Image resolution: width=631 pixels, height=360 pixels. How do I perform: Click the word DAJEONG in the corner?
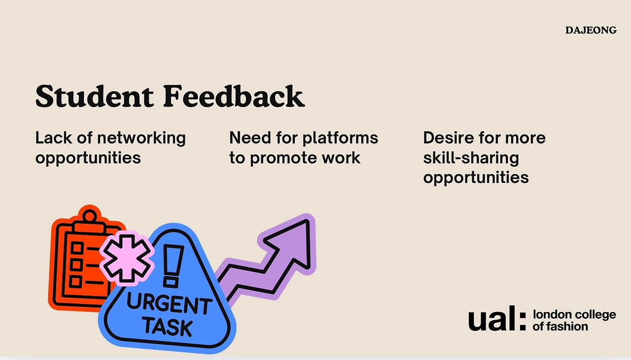pyautogui.click(x=591, y=30)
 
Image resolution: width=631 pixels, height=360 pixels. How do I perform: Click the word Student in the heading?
pyautogui.click(x=95, y=96)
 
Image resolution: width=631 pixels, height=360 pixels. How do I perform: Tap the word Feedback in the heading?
pyautogui.click(x=234, y=96)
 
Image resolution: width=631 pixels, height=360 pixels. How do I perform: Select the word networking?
pyautogui.click(x=141, y=139)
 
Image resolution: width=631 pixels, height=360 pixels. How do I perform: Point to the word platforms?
pyautogui.click(x=340, y=139)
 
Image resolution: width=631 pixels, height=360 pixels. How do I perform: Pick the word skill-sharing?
pyautogui.click(x=471, y=158)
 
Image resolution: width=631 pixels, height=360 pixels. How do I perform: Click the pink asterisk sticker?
pyautogui.click(x=127, y=258)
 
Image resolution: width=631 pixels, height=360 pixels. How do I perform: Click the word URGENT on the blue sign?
pyautogui.click(x=169, y=304)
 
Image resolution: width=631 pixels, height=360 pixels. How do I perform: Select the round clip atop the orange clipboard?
pyautogui.click(x=90, y=216)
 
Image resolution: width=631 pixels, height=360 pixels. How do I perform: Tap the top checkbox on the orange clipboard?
pyautogui.click(x=76, y=248)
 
